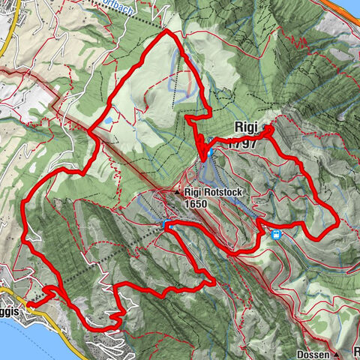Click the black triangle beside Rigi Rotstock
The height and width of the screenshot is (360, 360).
click(x=178, y=193)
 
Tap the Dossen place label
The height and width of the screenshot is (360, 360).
click(x=313, y=353)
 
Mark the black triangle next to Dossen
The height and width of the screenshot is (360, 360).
click(x=337, y=353)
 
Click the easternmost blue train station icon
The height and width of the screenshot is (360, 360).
click(x=277, y=235)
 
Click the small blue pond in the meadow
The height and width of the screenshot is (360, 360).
click(x=109, y=119)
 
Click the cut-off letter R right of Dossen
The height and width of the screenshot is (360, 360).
click(x=357, y=352)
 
